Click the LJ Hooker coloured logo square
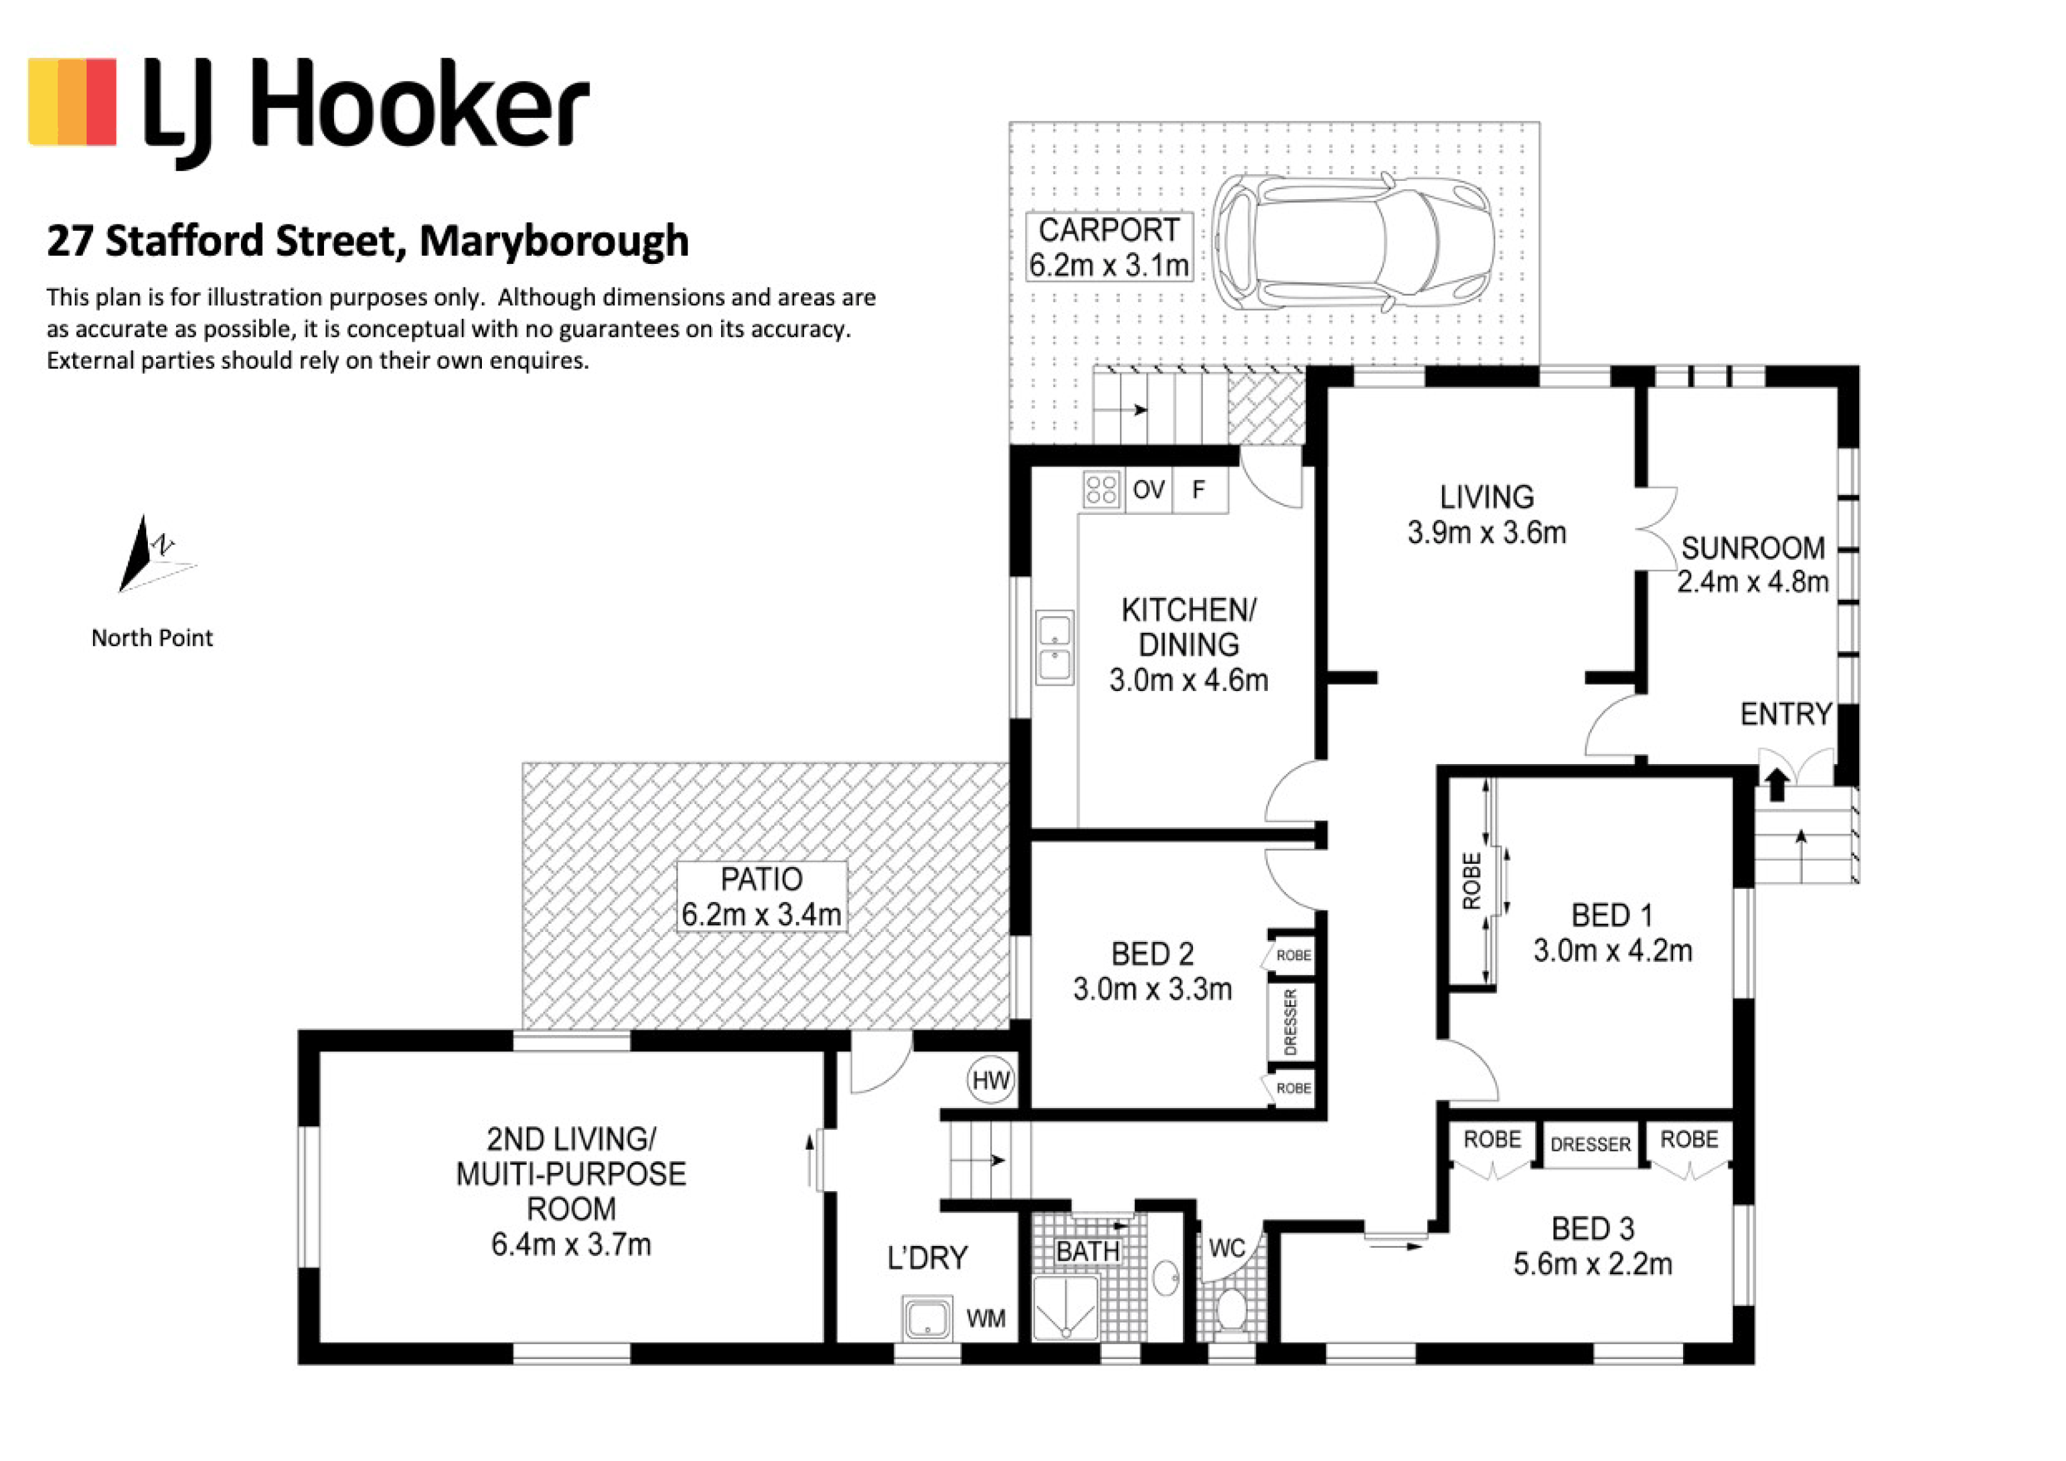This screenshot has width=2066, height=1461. point(72,102)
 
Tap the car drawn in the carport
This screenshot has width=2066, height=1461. point(1353,243)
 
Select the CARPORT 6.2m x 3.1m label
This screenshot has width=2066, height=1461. point(1109,247)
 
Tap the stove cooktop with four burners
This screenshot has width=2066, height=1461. point(1102,490)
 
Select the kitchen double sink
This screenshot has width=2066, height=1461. point(1055,648)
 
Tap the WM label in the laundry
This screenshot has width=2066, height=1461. point(986,1319)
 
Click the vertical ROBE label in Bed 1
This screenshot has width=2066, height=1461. point(1471,882)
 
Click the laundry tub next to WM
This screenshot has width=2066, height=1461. point(927,1319)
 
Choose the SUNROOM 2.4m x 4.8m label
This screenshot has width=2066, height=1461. point(1752,565)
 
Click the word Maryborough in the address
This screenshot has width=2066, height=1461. point(553,241)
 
